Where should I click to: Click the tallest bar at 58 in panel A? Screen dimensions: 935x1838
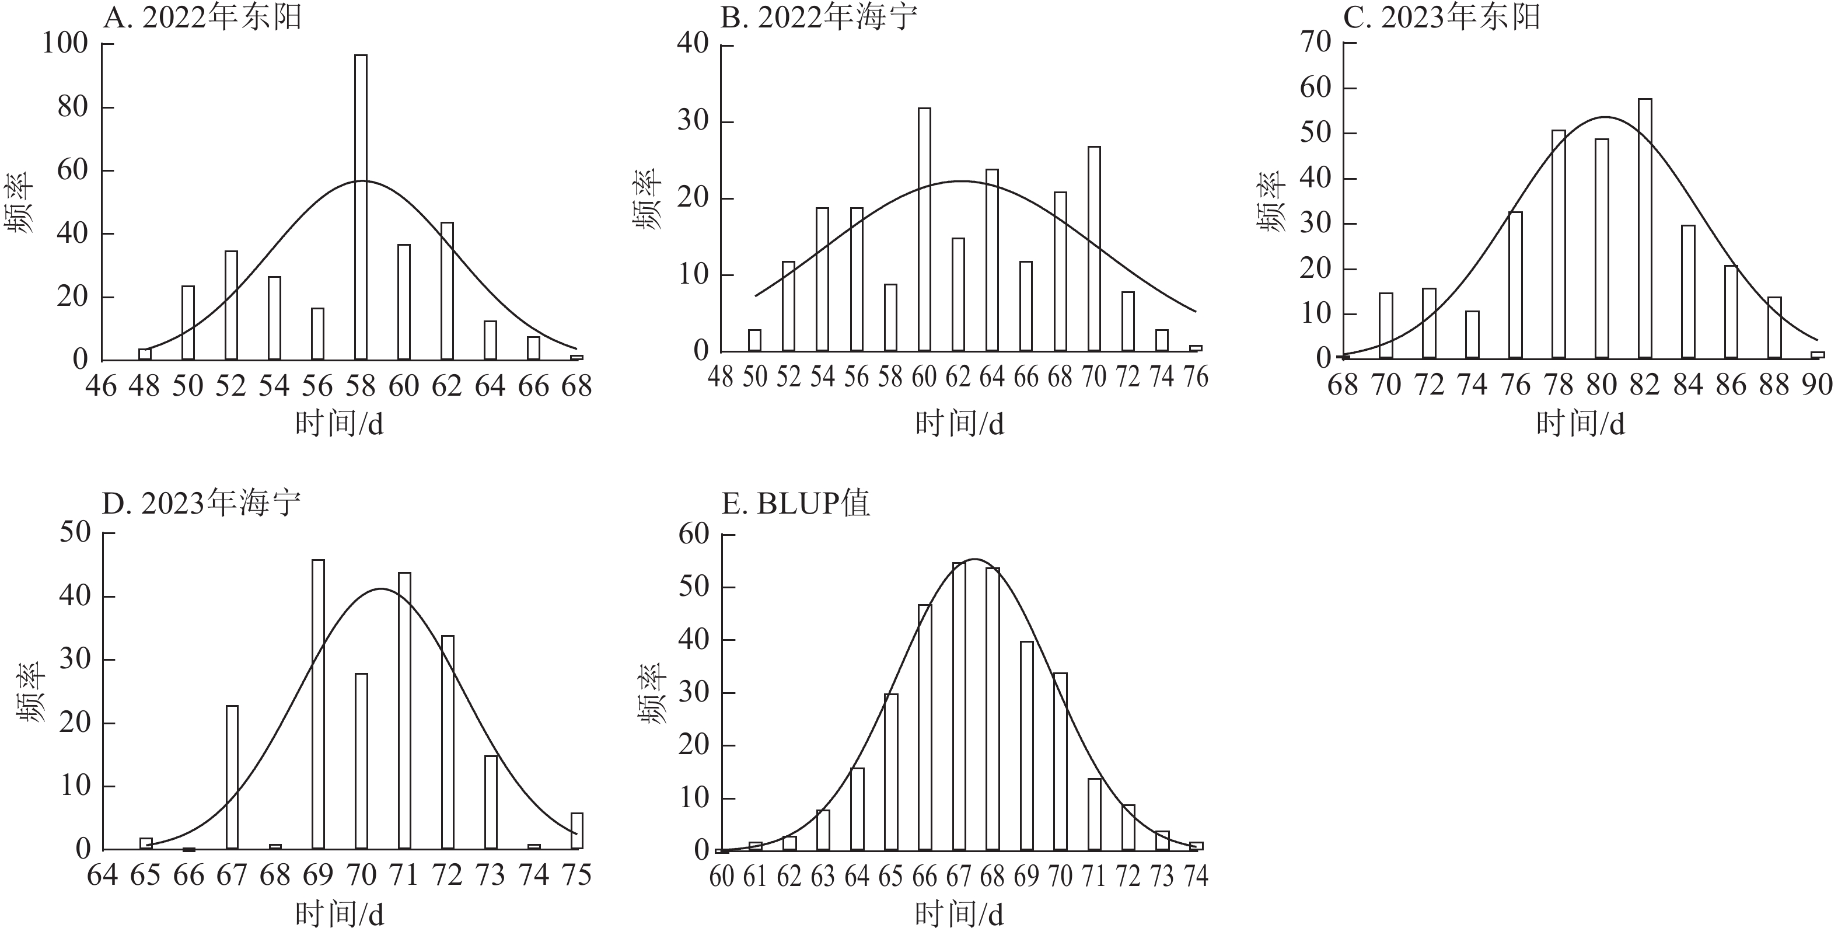(361, 207)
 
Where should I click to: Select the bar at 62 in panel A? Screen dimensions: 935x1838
(448, 291)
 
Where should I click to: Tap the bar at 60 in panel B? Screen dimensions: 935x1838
(924, 230)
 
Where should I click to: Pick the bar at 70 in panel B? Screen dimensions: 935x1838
(1094, 249)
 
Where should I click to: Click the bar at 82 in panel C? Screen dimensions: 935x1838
(1645, 228)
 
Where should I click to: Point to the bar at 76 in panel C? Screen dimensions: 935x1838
(1515, 285)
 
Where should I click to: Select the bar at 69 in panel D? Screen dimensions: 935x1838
(318, 704)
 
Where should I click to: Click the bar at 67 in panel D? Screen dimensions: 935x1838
(232, 777)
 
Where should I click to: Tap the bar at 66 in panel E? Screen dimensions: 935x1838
(925, 727)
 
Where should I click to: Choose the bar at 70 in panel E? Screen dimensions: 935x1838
(1060, 762)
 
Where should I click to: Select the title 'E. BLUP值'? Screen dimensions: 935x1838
(795, 504)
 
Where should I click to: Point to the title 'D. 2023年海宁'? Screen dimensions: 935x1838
(201, 504)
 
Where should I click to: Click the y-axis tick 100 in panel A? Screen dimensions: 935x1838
(65, 44)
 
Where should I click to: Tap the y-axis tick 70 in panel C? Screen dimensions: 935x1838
(1316, 43)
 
